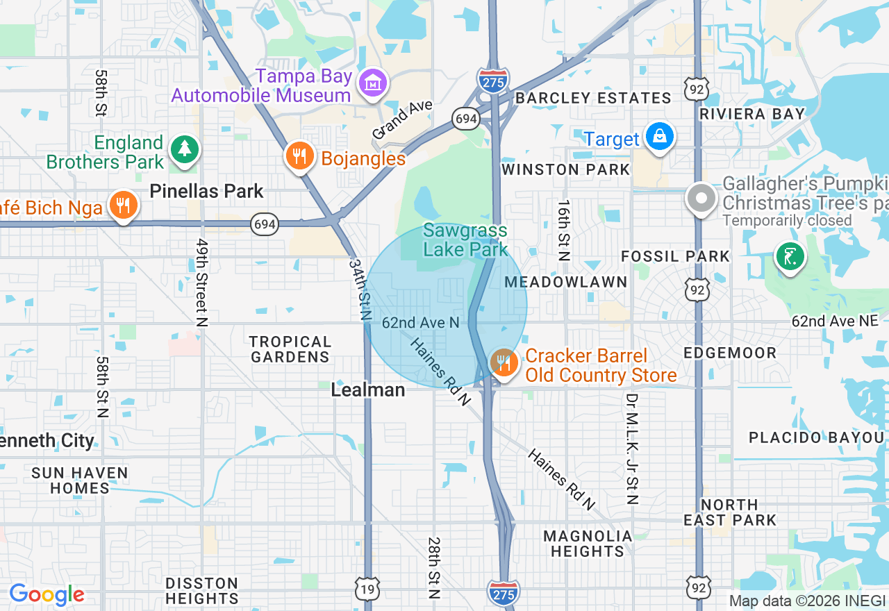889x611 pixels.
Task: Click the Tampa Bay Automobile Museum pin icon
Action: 373,84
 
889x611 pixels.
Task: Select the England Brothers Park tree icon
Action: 184,149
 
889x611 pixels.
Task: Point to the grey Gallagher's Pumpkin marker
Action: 701,199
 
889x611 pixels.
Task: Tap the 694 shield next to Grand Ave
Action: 465,119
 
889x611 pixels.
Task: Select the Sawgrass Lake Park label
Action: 465,240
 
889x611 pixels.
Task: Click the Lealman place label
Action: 368,390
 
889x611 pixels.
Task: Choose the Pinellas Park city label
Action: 207,191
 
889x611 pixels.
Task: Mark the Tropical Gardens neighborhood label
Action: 290,349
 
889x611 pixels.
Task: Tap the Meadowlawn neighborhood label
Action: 566,282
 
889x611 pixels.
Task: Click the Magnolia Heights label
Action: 588,544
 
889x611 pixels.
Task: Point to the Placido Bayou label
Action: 816,437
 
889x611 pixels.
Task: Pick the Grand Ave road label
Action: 402,119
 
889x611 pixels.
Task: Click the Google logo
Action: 47,594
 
